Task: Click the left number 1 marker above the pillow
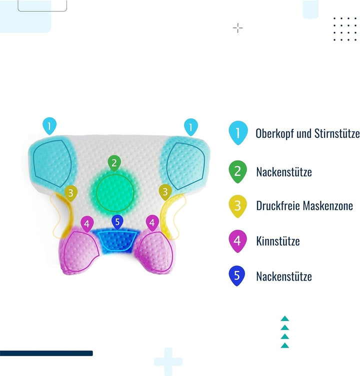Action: coord(49,125)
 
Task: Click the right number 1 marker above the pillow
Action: coord(190,126)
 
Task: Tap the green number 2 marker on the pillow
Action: coord(114,163)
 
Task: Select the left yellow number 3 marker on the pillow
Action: coord(70,193)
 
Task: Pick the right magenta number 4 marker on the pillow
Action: coord(152,223)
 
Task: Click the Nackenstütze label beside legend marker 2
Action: coord(284,172)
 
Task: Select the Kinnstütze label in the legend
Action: coord(278,241)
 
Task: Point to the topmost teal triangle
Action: coord(285,319)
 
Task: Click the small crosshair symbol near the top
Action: coord(238,28)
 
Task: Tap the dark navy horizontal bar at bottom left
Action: coord(46,353)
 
